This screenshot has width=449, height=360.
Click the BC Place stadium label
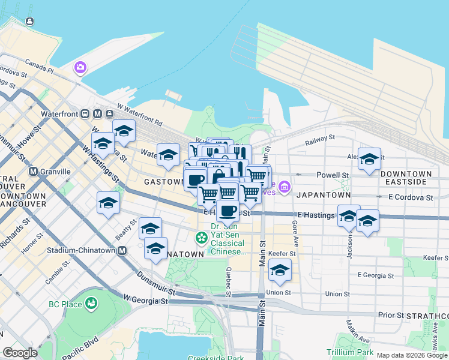(x=65, y=304)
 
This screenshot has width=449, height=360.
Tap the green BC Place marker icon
(x=91, y=304)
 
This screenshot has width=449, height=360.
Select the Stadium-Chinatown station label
(x=80, y=250)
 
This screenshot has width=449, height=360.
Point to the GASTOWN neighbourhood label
(x=163, y=181)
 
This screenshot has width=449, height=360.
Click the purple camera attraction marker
(x=79, y=67)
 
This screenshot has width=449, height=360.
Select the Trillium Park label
(x=349, y=352)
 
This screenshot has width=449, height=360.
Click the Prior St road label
(x=391, y=314)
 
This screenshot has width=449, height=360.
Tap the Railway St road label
(x=319, y=139)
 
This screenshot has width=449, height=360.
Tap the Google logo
(x=20, y=353)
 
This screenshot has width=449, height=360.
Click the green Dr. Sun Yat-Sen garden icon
(x=202, y=238)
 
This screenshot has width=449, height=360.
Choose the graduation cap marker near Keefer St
(x=280, y=270)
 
